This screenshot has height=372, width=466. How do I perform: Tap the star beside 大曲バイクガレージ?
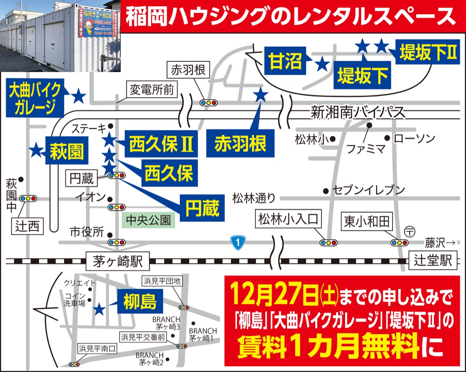tap(79, 96)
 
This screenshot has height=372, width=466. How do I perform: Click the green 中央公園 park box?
tap(148, 220)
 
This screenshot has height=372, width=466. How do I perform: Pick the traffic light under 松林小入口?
tap(328, 243)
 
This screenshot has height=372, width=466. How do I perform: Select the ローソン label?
tap(415, 138)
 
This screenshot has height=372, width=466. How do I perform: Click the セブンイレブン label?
tap(369, 190)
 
